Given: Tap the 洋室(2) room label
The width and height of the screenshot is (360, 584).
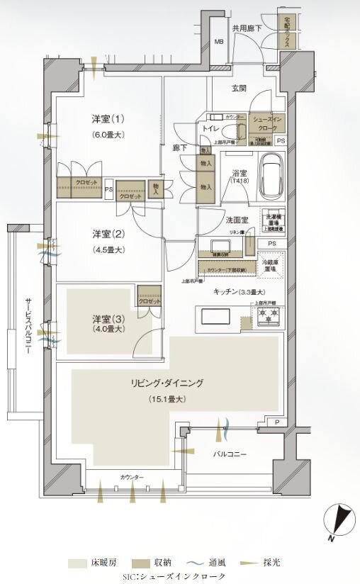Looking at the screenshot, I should [108, 233].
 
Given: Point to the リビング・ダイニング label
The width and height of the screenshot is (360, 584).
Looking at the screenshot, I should [167, 383].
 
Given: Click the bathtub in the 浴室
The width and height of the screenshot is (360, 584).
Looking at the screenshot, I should [271, 176].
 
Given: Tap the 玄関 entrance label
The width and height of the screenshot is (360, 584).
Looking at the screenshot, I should [238, 89].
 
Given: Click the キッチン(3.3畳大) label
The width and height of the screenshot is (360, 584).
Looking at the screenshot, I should [239, 291].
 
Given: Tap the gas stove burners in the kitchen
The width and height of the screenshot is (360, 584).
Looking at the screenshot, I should [269, 316].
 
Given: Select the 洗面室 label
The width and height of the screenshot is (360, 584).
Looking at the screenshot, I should [235, 220].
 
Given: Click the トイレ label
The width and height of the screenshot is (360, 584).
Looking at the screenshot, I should [210, 129].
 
